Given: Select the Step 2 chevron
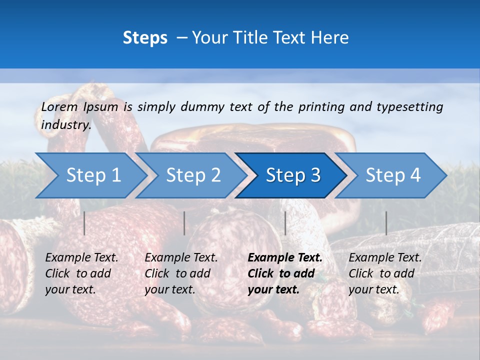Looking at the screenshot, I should coord(192,175).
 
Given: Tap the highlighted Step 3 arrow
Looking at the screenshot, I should coord(292,175).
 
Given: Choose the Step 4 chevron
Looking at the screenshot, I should coord(392,175).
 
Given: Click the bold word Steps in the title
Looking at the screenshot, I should coord(145,37).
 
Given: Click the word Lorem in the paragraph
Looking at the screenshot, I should coord(59,106).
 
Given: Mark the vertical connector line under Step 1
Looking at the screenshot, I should coord(84,223).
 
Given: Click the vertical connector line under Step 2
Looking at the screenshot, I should coord(184,223).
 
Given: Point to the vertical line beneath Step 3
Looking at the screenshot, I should coord(285,223).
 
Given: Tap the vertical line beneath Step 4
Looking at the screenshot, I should coord(386,223).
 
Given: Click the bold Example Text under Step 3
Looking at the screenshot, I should coord(285,258).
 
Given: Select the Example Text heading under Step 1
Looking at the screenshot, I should coord(81,258).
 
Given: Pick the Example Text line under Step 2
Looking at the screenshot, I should coord(181,258).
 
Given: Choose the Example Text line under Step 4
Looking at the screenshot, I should coord(385,258).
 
